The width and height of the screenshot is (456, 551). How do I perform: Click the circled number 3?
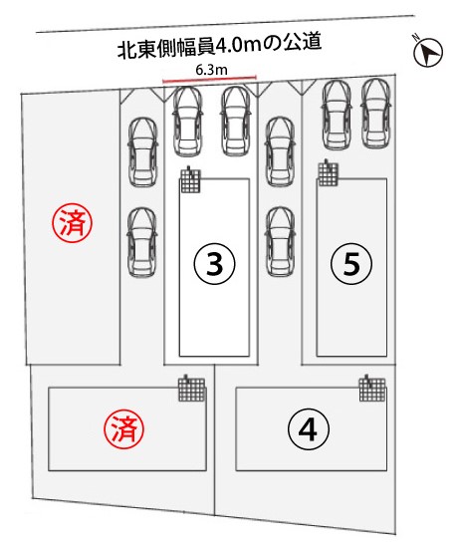[214, 264]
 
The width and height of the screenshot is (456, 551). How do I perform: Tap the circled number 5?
[351, 264]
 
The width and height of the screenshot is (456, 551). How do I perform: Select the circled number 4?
[309, 428]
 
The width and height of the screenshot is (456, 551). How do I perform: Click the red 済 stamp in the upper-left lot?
[73, 223]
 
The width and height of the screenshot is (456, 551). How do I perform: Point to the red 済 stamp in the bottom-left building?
[123, 428]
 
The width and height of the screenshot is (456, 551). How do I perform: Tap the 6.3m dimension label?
[211, 70]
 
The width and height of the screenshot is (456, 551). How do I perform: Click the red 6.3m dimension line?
[209, 79]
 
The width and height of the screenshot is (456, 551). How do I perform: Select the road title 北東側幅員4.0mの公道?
[219, 46]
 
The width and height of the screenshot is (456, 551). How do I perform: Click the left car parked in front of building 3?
[188, 122]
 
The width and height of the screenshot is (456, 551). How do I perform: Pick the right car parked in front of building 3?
[235, 122]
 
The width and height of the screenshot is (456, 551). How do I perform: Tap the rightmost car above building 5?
[376, 114]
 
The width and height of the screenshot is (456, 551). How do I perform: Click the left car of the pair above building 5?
[337, 115]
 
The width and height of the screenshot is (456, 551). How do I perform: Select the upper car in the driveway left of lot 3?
[142, 152]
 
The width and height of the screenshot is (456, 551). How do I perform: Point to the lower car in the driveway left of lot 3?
[141, 242]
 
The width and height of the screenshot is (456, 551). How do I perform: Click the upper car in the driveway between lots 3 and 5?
[280, 151]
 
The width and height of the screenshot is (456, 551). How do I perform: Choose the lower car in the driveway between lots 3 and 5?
[280, 242]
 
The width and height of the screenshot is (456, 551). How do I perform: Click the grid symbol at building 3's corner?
[191, 180]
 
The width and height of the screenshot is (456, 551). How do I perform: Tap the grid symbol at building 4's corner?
[372, 389]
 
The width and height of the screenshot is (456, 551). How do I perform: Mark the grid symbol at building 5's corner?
[329, 173]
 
